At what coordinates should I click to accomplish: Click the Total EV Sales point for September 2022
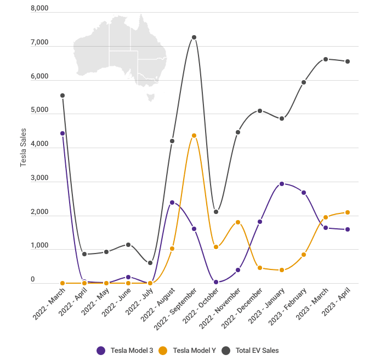point(194,37)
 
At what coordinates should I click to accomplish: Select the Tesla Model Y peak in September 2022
point(194,136)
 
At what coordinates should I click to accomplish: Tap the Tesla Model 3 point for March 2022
point(63,133)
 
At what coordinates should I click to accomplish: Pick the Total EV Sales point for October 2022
point(216,212)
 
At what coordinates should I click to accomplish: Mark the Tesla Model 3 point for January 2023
point(282,184)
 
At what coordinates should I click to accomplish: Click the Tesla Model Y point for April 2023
point(348,212)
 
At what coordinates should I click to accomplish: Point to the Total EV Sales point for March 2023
point(326,59)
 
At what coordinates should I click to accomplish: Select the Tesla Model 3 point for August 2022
point(172,203)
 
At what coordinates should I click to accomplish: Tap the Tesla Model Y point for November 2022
point(238,222)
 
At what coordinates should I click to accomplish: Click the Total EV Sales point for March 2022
point(63,95)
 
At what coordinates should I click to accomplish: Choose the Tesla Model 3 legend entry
point(125,350)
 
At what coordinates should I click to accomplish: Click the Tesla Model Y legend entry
point(188,350)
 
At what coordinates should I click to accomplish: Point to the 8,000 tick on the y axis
point(40,9)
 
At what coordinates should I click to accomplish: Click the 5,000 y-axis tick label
point(40,110)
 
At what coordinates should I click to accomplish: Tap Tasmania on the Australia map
point(150,97)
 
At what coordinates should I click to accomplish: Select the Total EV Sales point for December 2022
point(260,111)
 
